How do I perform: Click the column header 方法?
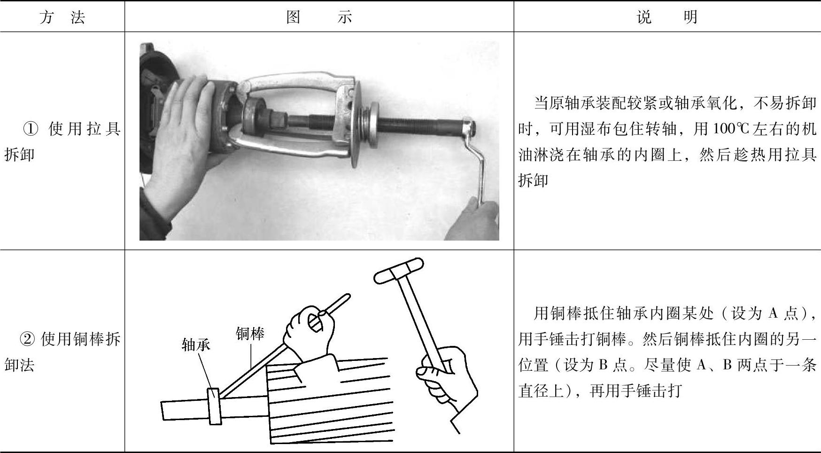point(62,17)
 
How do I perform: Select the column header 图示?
point(319,17)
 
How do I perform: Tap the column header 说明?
point(667,17)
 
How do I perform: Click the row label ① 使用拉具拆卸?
point(62,141)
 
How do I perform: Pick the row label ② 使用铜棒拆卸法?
point(62,351)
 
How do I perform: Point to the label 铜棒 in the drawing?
point(250,334)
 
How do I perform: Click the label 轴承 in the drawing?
point(196,345)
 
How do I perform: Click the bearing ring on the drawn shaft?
point(214,406)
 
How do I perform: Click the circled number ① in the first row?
point(31,129)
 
